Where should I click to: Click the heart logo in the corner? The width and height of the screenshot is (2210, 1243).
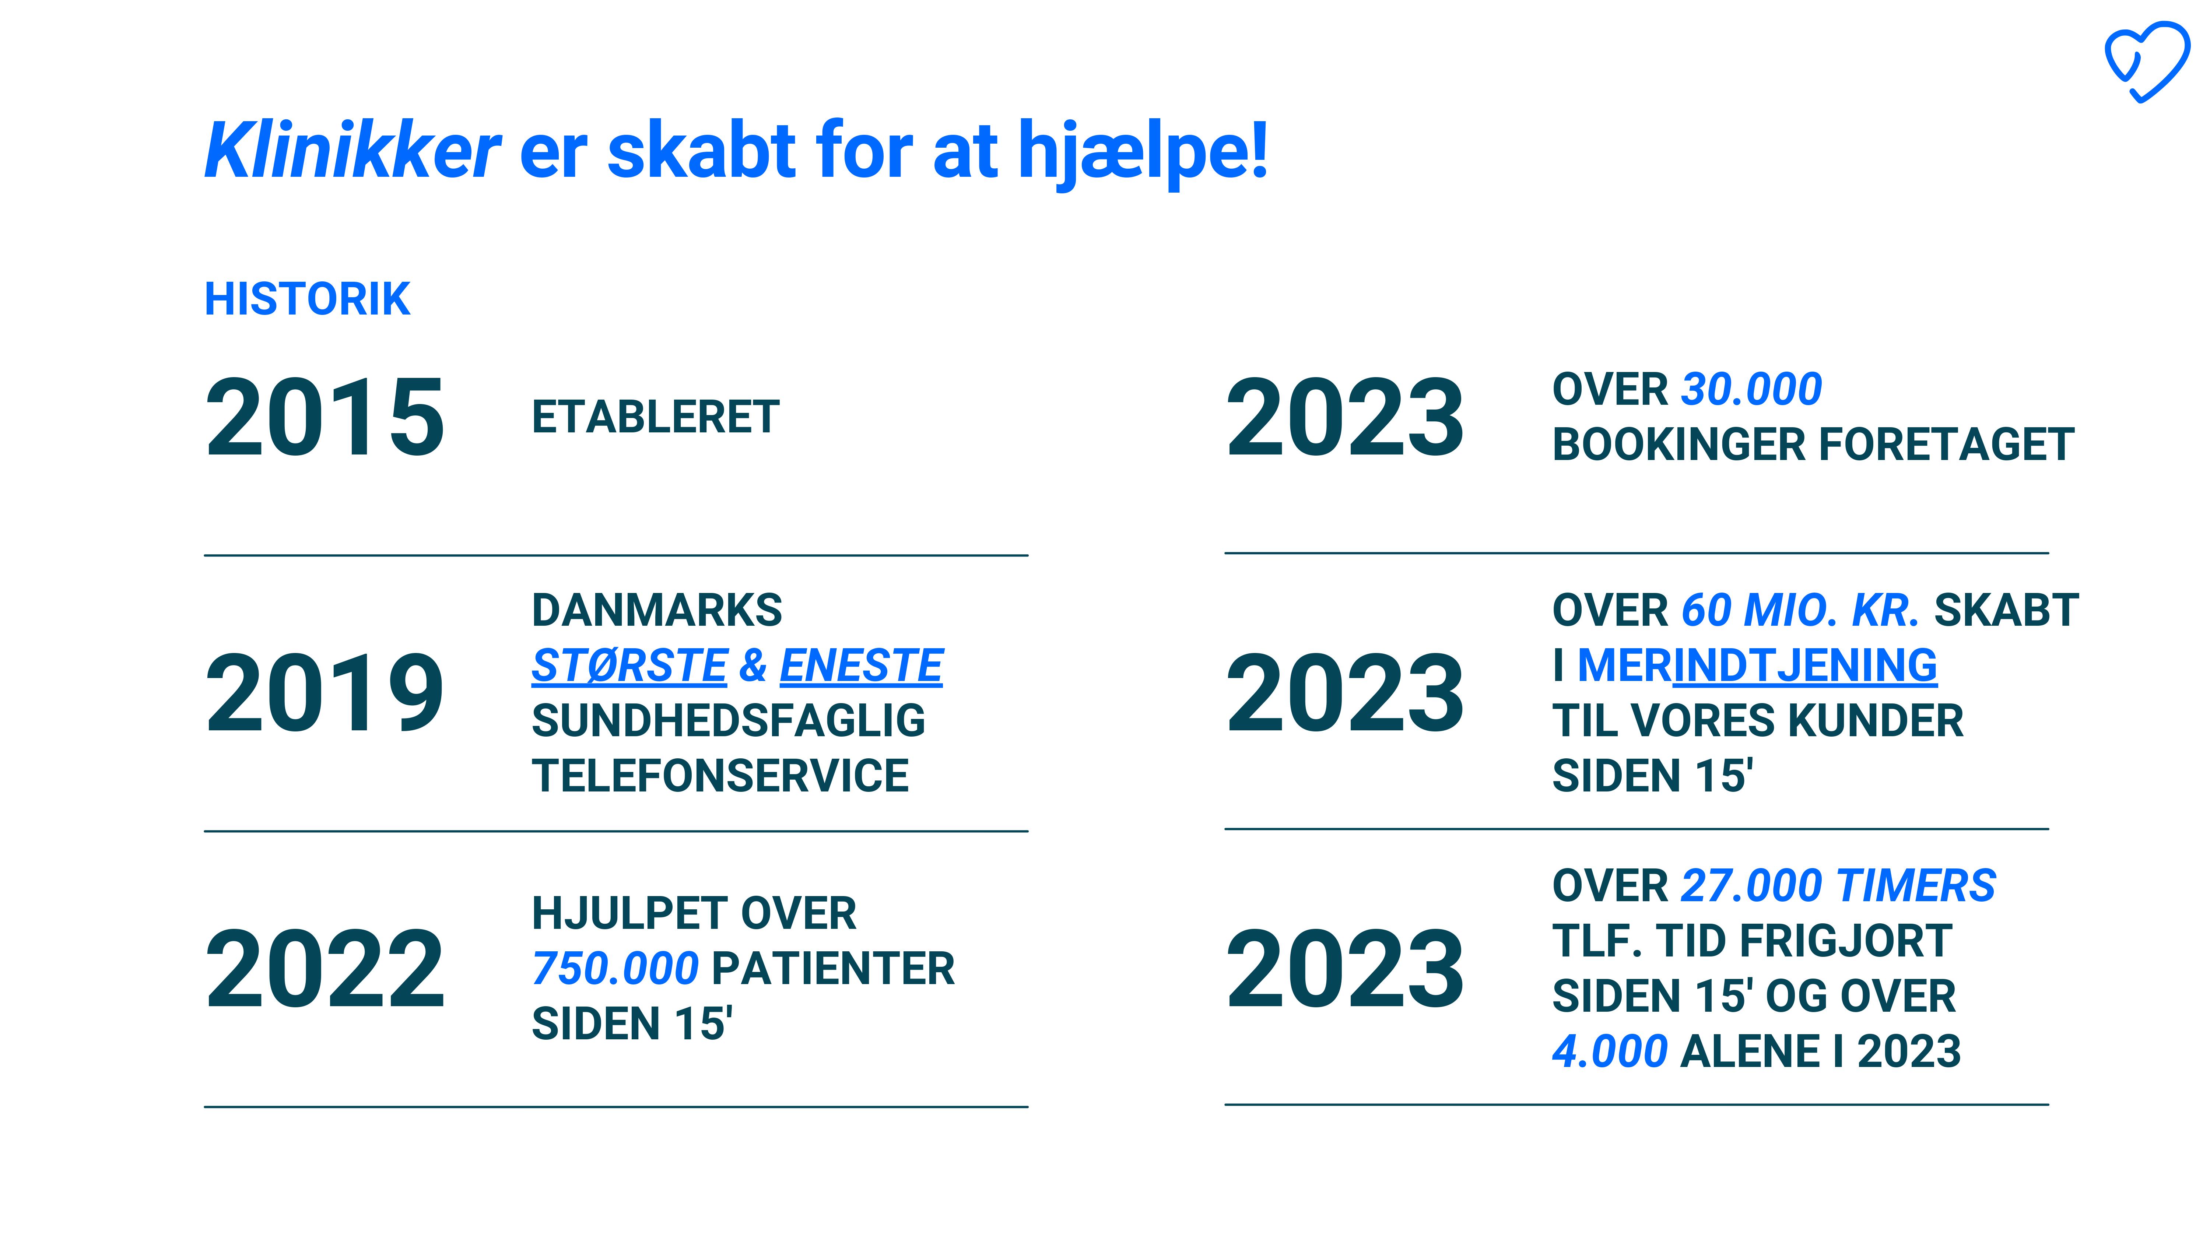pyautogui.click(x=2147, y=62)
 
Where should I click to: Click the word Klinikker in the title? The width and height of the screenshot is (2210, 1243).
pyautogui.click(x=352, y=150)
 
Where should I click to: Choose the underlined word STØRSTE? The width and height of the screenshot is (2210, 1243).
pyautogui.click(x=630, y=666)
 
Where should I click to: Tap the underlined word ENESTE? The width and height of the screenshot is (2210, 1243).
pyautogui.click(x=862, y=666)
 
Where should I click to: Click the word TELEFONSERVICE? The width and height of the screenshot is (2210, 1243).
pyautogui.click(x=720, y=776)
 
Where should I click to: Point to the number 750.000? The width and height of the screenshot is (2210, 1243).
pyautogui.click(x=615, y=969)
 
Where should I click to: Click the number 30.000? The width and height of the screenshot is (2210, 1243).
pyautogui.click(x=1751, y=389)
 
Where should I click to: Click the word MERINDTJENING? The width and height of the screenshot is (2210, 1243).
pyautogui.click(x=1757, y=666)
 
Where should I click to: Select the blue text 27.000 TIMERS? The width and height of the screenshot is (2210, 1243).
pyautogui.click(x=1838, y=885)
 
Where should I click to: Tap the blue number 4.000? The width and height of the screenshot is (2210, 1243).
pyautogui.click(x=1610, y=1051)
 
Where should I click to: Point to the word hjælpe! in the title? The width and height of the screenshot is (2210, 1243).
pyautogui.click(x=1143, y=153)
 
